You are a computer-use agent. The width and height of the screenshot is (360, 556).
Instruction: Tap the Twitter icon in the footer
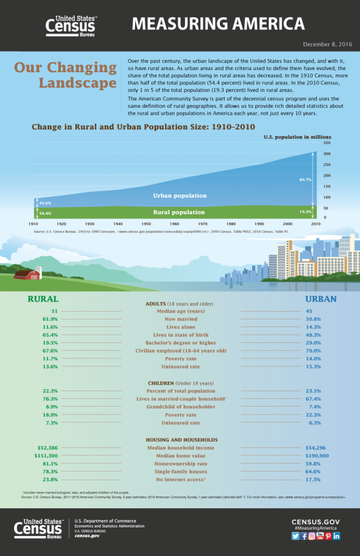coord(295,536)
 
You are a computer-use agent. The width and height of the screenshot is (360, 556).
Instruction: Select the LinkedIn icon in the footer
coord(337,536)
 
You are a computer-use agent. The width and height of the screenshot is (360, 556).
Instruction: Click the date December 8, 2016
coord(327,44)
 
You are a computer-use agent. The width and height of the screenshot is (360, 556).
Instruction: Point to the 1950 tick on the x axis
coord(146,224)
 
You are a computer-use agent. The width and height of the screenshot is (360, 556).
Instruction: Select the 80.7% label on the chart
coord(305,179)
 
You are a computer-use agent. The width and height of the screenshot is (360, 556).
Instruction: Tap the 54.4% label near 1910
coord(45,213)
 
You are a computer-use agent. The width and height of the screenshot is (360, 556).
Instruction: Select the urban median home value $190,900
coord(317,456)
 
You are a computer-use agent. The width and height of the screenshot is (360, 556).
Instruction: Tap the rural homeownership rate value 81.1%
coord(50,464)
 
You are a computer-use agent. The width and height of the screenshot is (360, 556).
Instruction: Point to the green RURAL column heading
coord(43,299)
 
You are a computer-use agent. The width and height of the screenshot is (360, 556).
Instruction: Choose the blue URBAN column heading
coord(321,299)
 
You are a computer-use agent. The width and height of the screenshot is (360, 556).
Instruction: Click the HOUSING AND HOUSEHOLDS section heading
coord(181,440)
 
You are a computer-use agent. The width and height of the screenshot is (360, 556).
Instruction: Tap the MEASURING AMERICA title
coord(218,23)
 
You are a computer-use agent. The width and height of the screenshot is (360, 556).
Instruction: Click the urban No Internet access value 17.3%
coord(313,480)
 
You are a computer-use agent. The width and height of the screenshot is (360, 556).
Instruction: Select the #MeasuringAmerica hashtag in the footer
coord(315,528)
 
